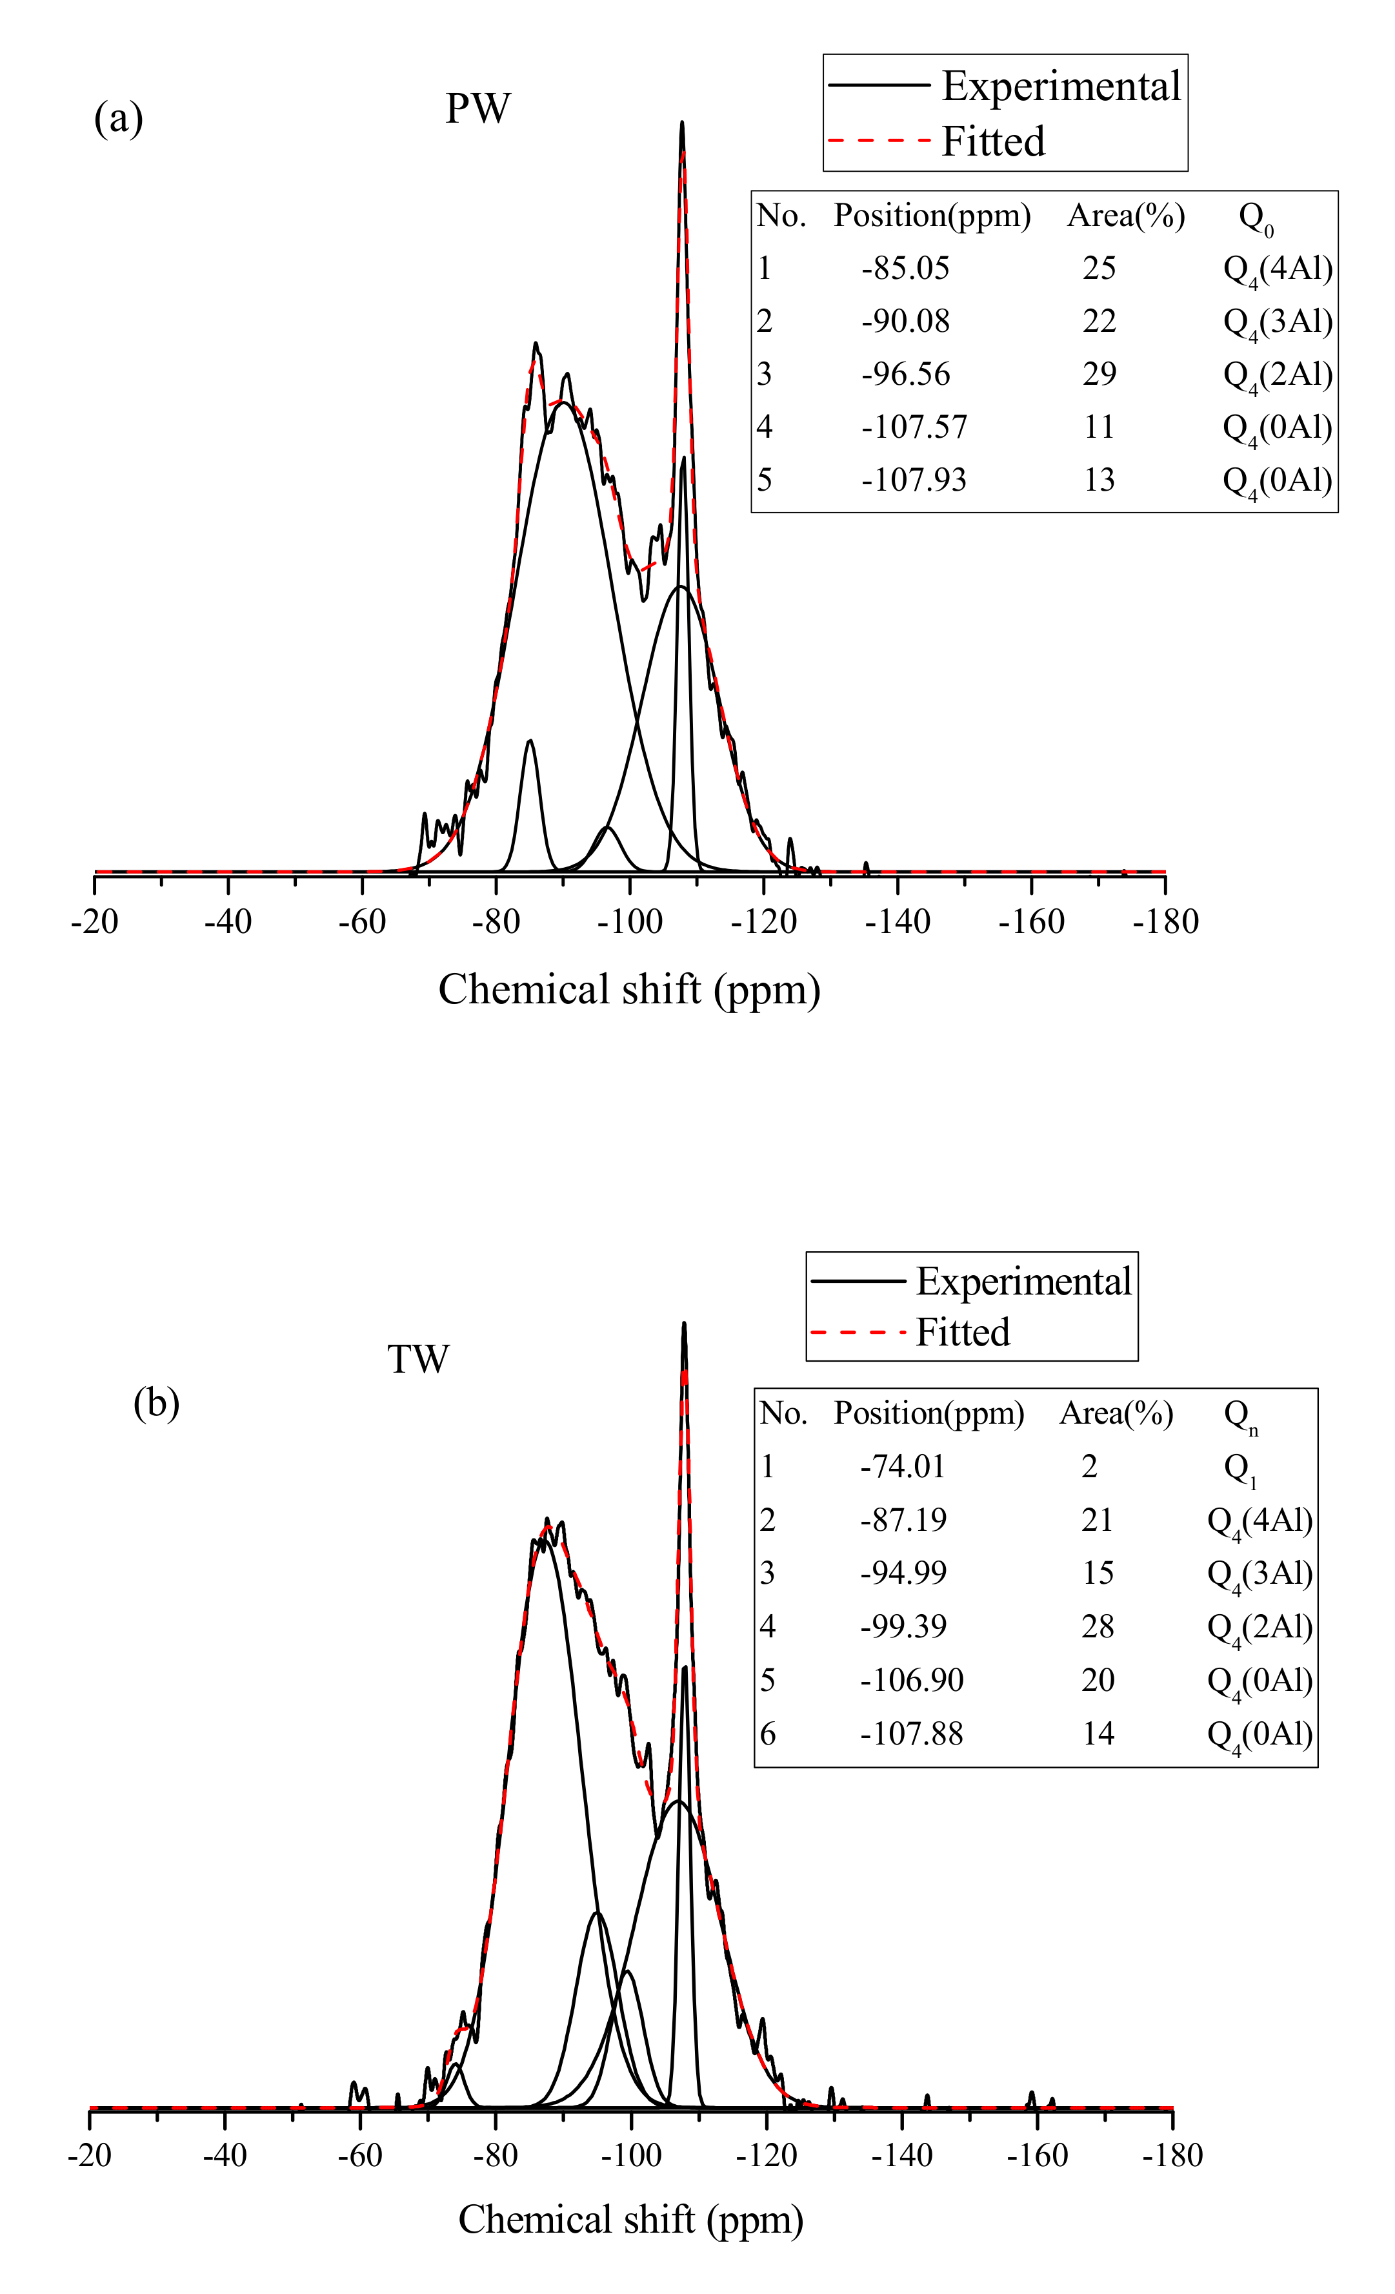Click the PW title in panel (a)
coord(477,109)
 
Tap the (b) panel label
coord(156,1402)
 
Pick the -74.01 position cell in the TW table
coord(902,1468)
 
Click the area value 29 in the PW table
coord(1098,374)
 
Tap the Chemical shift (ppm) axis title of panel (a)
coord(629,990)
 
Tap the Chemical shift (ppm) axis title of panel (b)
coord(630,2220)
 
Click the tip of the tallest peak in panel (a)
coord(682,123)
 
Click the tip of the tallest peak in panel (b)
coord(684,1324)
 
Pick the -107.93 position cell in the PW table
coord(913,480)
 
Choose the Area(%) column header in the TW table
coord(1116,1414)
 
